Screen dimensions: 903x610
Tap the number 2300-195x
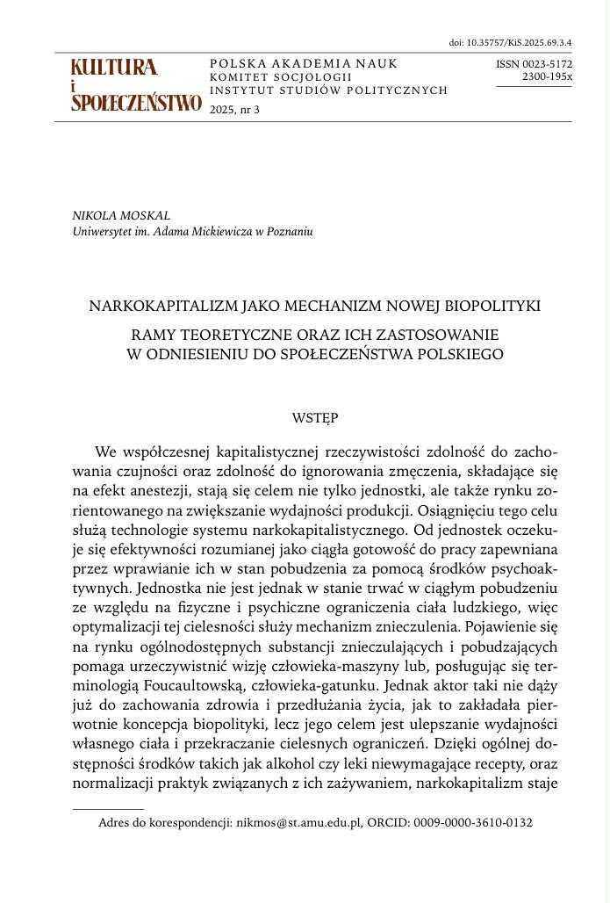tap(547, 76)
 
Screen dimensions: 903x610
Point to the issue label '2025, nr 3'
tap(235, 110)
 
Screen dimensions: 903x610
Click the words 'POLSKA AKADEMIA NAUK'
tap(304, 64)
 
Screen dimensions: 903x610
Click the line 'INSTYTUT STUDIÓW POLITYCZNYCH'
tap(329, 90)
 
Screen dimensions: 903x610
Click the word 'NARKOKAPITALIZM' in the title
tap(153, 307)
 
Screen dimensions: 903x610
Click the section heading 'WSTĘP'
tap(314, 418)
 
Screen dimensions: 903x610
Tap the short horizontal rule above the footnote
tap(108, 808)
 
